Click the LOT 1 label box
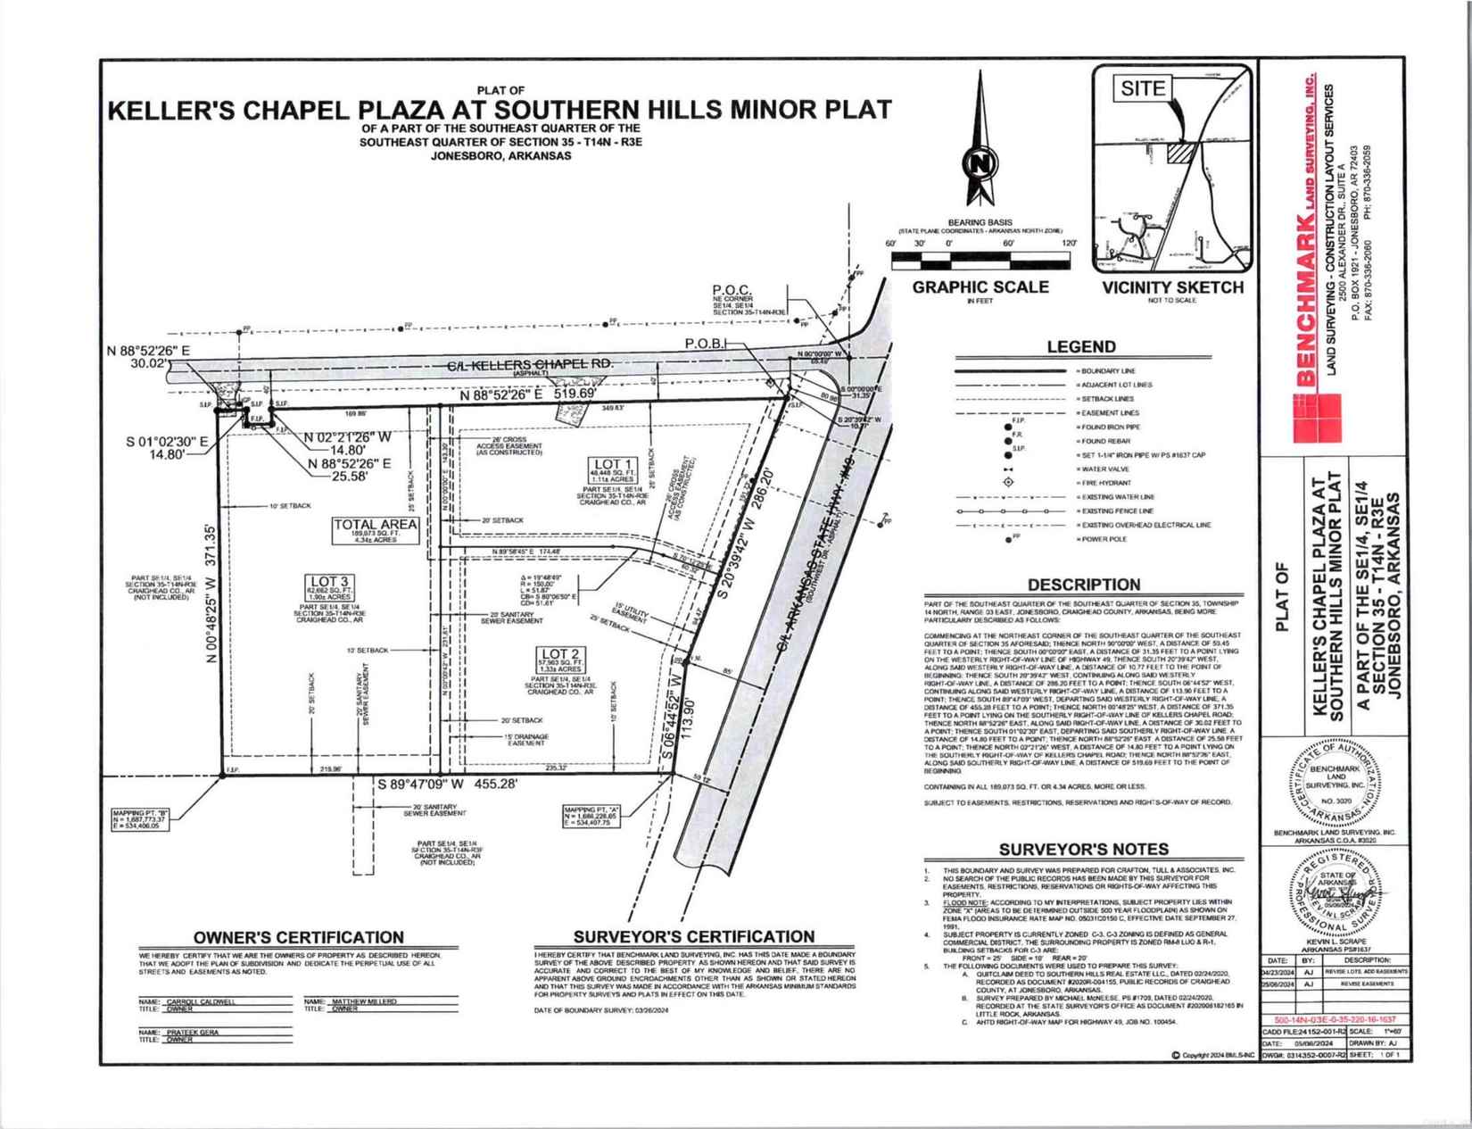click(613, 465)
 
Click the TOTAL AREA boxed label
click(375, 524)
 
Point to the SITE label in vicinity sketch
click(1143, 88)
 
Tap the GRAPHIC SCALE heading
click(980, 287)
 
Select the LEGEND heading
click(1080, 347)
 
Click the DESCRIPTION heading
click(1083, 585)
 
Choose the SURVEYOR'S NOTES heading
click(1083, 850)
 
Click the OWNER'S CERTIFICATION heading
click(299, 937)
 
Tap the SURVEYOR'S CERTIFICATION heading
click(693, 936)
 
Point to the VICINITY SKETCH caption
click(1172, 287)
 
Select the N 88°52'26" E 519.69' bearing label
click(523, 394)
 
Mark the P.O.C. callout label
click(732, 290)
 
